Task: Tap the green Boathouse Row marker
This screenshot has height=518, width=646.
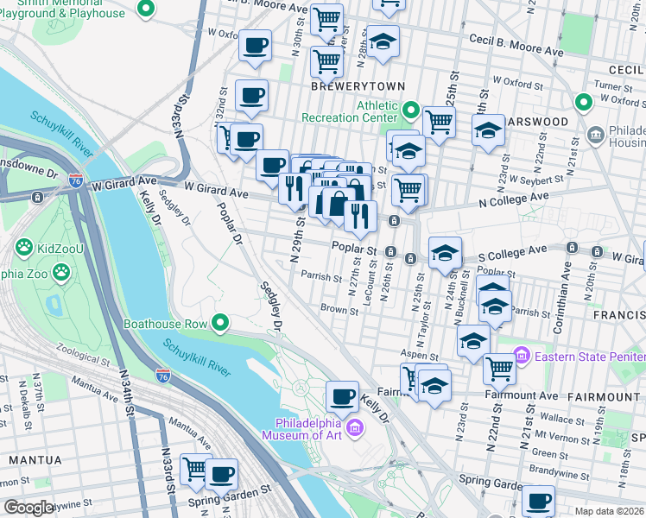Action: click(220, 324)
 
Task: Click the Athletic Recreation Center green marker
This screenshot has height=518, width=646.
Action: click(411, 111)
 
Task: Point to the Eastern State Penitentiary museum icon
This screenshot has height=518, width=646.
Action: click(521, 356)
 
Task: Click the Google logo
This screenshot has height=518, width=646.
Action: click(29, 508)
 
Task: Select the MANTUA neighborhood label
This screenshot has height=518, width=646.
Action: click(31, 459)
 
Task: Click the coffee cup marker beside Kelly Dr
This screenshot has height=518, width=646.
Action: click(342, 396)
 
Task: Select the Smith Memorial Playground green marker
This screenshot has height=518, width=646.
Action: click(146, 9)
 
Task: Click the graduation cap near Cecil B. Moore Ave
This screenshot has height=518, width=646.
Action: click(383, 41)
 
